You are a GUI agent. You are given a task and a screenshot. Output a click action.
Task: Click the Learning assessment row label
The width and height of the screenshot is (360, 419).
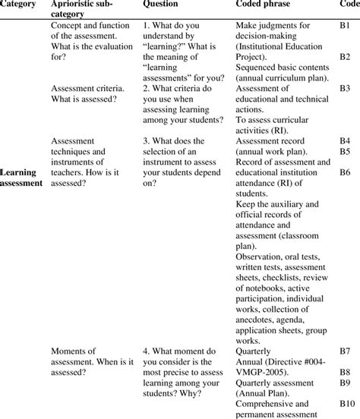click(x=21, y=177)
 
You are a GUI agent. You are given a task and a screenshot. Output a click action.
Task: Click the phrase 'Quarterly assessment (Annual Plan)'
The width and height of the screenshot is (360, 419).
click(x=271, y=389)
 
